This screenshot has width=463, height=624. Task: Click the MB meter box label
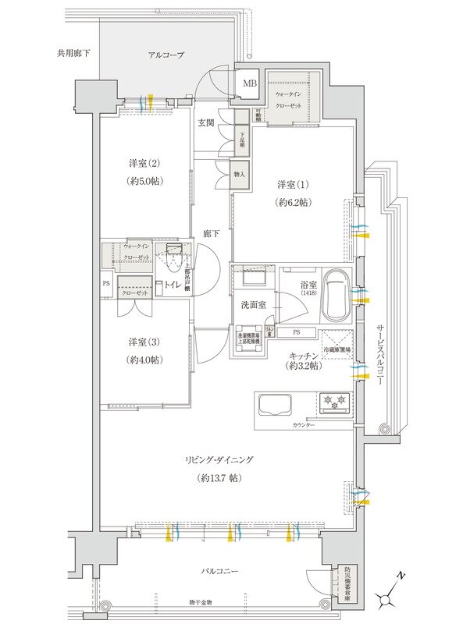click(x=250, y=83)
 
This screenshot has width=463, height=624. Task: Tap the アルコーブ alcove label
click(x=166, y=55)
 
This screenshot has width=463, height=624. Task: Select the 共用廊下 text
click(x=73, y=54)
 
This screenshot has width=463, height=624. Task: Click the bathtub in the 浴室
click(x=336, y=295)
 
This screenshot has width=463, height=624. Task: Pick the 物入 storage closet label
click(x=240, y=175)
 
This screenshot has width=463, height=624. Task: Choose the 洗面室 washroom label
click(x=253, y=304)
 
